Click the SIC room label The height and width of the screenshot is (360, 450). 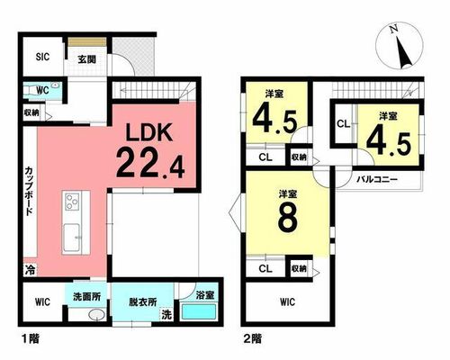[x=42, y=57]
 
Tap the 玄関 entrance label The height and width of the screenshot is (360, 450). [x=86, y=59]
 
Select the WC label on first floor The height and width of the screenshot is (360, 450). [x=42, y=91]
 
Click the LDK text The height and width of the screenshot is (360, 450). [x=149, y=132]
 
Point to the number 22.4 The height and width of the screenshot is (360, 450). [x=150, y=164]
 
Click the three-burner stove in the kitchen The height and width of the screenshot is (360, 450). [x=72, y=202]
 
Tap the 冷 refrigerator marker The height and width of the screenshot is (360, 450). [x=30, y=270]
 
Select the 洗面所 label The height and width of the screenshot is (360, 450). [x=86, y=296]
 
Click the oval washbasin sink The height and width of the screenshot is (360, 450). [x=96, y=315]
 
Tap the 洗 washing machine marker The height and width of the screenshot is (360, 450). [x=166, y=314]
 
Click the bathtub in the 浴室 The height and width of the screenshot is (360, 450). [x=199, y=312]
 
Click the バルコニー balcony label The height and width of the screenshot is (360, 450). [x=377, y=180]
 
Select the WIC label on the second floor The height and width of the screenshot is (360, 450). [x=287, y=301]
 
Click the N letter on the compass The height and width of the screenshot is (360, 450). [x=394, y=29]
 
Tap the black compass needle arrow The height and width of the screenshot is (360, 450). [x=404, y=53]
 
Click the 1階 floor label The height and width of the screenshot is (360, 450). [x=31, y=338]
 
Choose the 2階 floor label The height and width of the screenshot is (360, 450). [x=252, y=338]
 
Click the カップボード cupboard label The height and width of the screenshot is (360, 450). [x=29, y=191]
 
